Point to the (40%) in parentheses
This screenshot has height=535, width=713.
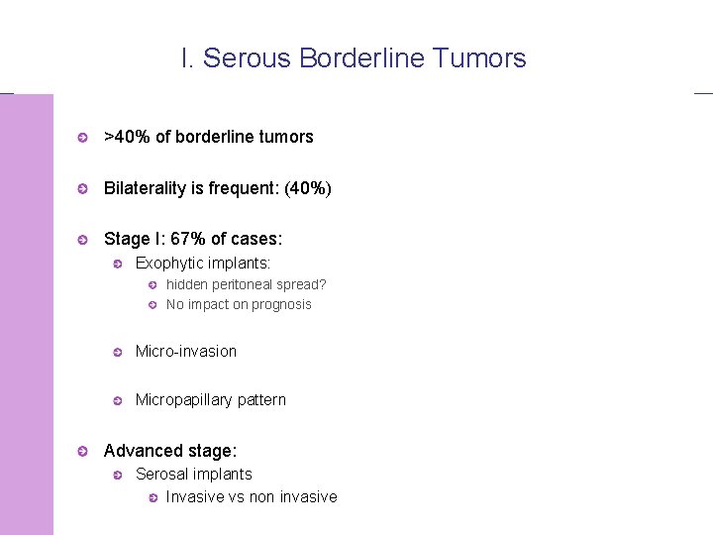(x=308, y=188)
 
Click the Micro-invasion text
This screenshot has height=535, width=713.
(x=186, y=351)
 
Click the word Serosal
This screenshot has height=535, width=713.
(x=162, y=475)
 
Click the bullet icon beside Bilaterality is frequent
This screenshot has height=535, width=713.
(x=84, y=188)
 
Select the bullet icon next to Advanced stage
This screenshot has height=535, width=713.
(x=84, y=452)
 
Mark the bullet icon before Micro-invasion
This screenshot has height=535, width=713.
(x=116, y=352)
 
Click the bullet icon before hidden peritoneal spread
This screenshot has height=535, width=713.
(x=153, y=285)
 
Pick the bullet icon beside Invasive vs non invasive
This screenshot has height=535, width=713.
(x=153, y=497)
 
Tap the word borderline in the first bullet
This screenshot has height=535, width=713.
(x=191, y=137)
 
